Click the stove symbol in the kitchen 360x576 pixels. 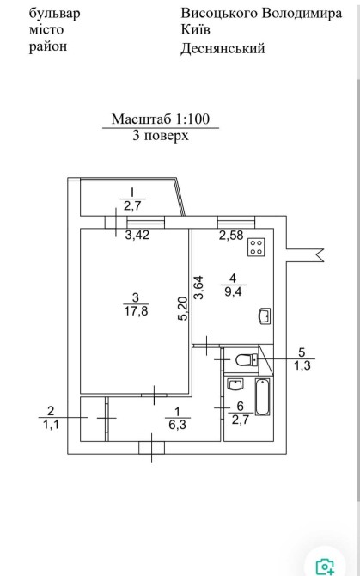(256, 247)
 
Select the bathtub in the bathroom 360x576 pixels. (262, 396)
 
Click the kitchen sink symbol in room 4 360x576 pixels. (265, 316)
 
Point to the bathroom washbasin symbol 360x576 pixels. (235, 384)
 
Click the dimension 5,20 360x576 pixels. (184, 309)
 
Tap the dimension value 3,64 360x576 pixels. (198, 288)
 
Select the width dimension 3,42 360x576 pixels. (137, 235)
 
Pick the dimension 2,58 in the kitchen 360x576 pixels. (231, 235)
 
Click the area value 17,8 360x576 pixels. (136, 311)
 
